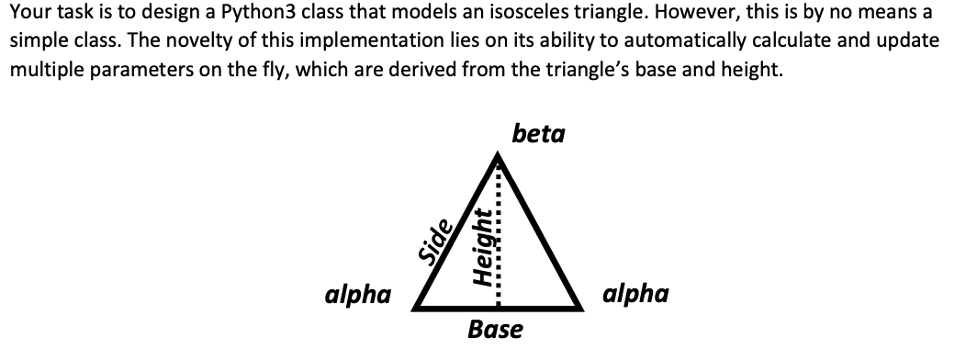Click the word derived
coord(383,72)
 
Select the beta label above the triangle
coord(539,134)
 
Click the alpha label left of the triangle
coord(358,295)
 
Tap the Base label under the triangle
coord(495,328)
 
